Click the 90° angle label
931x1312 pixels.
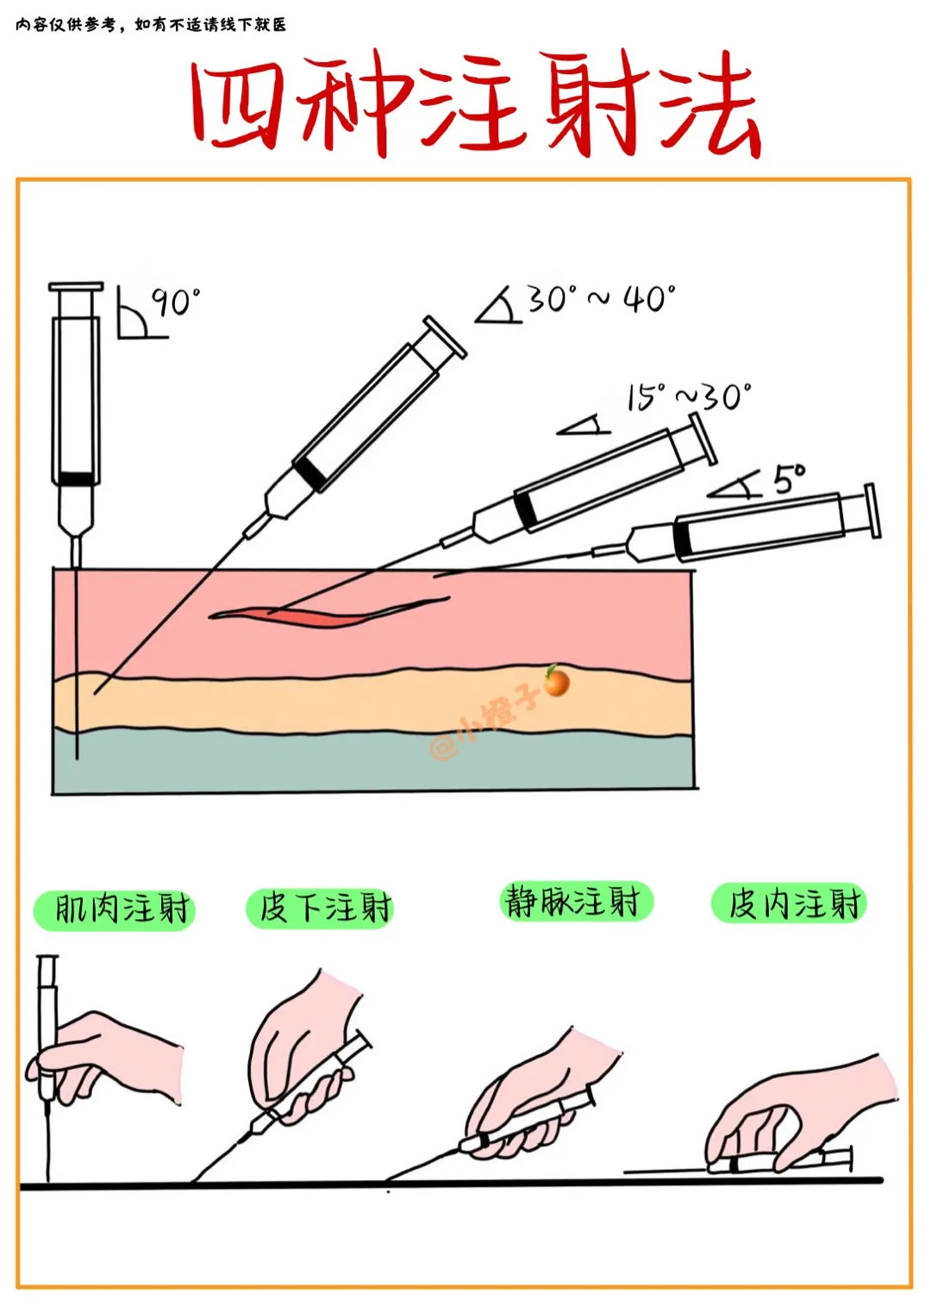(x=177, y=302)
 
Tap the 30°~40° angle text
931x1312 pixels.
(x=603, y=299)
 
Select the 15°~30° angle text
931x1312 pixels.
(x=690, y=397)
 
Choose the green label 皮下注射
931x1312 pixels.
(x=320, y=909)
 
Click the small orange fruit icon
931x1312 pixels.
(x=557, y=681)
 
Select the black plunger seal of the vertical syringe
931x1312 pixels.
(x=76, y=478)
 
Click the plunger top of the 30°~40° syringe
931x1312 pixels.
(x=446, y=336)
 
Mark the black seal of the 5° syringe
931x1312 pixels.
(x=681, y=538)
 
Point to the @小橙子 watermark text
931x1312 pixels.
(x=484, y=722)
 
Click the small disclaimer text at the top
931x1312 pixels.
(x=151, y=25)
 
